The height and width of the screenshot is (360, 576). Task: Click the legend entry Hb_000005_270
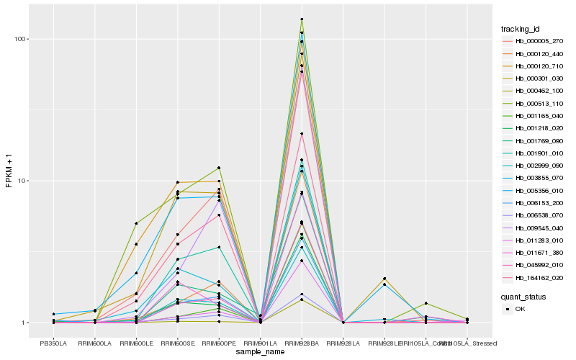tap(534, 41)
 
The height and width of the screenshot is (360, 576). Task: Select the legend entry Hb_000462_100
tap(534, 91)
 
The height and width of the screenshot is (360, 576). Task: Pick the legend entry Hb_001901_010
tap(534, 153)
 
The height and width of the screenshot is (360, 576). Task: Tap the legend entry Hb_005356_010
tap(534, 191)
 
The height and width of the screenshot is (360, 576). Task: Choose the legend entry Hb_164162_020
tap(534, 278)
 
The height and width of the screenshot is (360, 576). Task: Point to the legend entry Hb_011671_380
tap(534, 253)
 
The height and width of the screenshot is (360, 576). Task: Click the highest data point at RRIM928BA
tap(302, 19)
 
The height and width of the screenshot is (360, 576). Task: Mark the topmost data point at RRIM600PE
tap(219, 168)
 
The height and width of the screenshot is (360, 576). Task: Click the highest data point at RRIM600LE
tap(136, 223)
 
